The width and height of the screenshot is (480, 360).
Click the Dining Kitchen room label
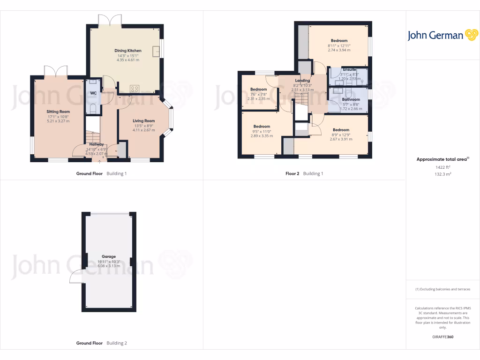[128, 51]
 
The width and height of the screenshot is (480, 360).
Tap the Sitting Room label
[58, 112]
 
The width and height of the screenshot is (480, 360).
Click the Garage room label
[109, 256]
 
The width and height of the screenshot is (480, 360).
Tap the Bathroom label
[351, 99]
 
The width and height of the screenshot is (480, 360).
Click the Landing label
[302, 81]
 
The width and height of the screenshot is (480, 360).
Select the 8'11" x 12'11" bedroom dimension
[339, 45]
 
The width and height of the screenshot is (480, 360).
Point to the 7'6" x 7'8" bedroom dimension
[258, 94]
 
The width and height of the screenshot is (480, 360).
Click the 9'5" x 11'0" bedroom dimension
[262, 131]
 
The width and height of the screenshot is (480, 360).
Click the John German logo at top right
[442, 35]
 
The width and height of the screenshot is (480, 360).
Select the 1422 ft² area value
[442, 167]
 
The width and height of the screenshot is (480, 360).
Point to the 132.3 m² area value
[442, 174]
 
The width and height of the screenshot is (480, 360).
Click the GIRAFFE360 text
[442, 337]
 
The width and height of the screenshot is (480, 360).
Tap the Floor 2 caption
[292, 173]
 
